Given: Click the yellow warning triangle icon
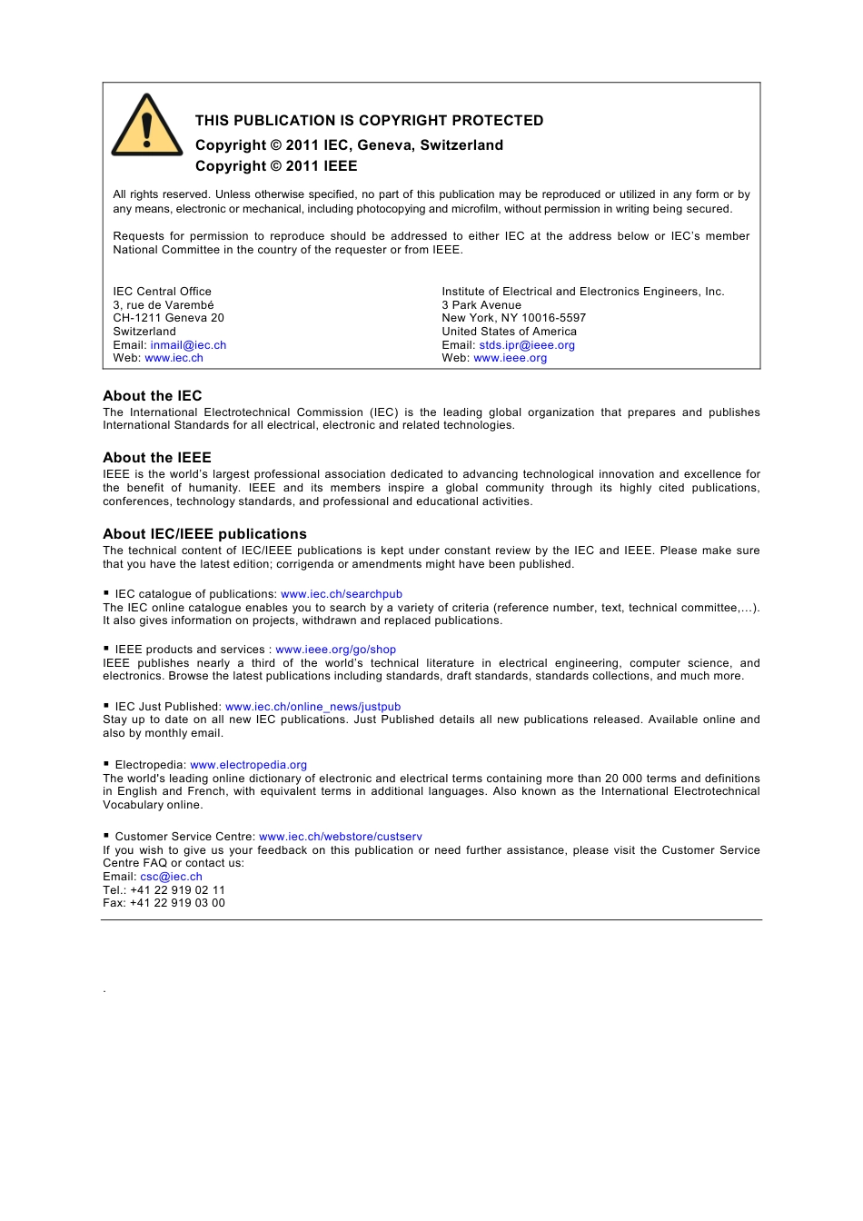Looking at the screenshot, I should [146, 127].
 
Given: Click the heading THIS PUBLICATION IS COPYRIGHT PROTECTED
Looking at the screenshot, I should [369, 121].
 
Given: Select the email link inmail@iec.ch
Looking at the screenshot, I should [188, 345].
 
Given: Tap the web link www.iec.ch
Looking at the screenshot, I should [174, 358].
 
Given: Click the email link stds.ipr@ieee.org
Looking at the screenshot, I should [527, 345].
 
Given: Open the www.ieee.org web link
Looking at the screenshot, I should [510, 358].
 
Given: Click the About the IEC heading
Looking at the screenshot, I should [153, 396].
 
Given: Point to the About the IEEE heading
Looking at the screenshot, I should [157, 458].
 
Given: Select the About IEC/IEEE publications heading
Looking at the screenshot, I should [204, 534].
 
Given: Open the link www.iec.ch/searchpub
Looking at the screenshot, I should [342, 594].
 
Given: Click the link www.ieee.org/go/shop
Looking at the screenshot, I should [335, 650].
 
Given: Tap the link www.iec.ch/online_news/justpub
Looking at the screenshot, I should [312, 707].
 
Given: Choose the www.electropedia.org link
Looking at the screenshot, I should [248, 765].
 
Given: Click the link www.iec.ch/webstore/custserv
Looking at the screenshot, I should [340, 837].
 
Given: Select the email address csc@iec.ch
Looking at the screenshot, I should [171, 877].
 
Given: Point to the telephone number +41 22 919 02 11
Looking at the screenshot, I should [177, 890].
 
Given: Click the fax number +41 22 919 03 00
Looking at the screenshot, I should [177, 903].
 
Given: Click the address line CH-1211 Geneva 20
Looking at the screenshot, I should [168, 318].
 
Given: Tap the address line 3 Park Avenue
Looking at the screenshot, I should [481, 305].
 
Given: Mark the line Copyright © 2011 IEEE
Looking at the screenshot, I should [276, 166].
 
